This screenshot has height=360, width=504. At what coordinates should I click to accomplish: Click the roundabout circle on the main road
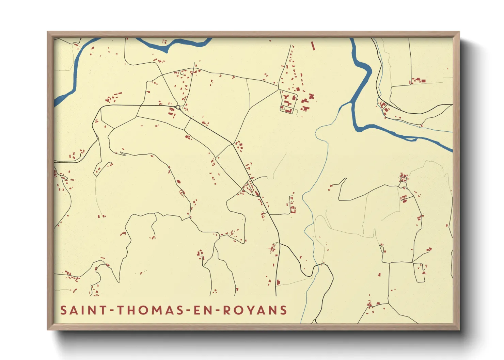(x=178, y=107)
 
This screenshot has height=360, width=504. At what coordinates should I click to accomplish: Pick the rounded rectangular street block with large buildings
(x=288, y=101)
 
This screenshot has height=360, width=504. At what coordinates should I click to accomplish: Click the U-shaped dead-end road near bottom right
(x=420, y=274)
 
